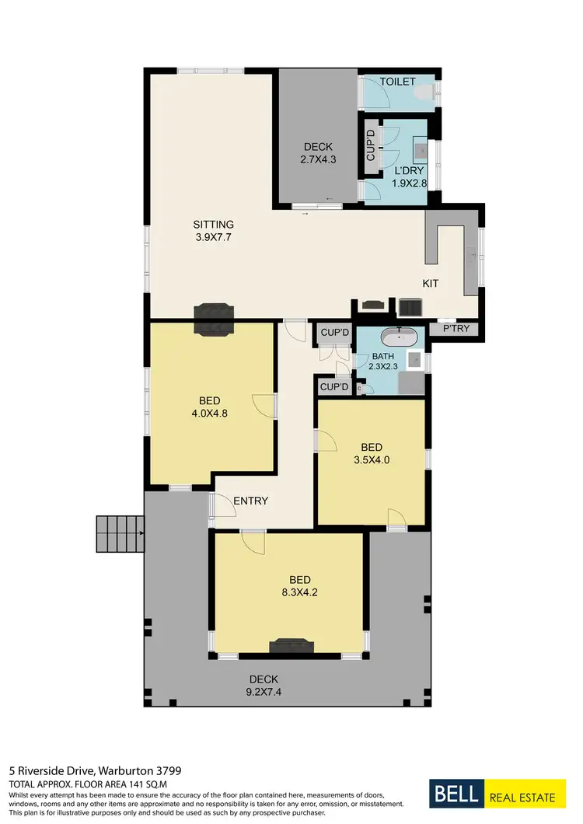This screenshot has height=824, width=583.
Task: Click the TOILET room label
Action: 398,82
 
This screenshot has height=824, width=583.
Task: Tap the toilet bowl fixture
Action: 423,93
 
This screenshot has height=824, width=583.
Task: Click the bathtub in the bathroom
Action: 399,337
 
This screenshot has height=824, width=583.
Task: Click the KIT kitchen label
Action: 431,284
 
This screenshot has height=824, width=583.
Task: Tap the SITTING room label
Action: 214,225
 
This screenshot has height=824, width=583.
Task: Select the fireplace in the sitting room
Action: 213,319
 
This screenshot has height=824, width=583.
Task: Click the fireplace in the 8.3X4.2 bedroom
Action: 291,645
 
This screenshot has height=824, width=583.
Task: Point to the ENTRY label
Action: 250,501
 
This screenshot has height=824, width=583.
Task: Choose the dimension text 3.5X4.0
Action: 372,460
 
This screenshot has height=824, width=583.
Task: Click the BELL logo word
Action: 457,797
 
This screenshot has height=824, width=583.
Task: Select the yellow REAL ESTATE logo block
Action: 522,798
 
